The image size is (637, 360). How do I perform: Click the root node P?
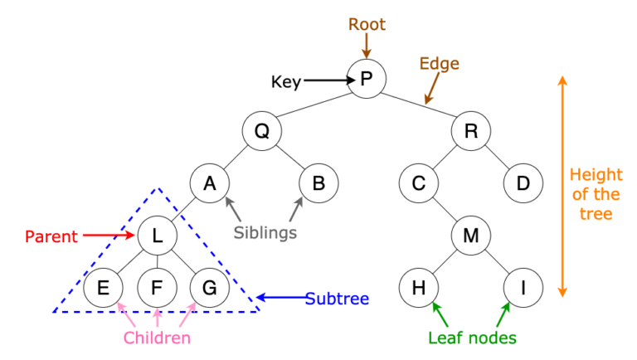click(367, 80)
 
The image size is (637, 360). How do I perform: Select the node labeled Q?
click(261, 131)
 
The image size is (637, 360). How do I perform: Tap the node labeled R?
click(471, 131)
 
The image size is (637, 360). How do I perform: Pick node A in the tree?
click(209, 183)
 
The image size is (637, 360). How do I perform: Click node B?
click(318, 183)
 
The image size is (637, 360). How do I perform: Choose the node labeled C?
click(418, 183)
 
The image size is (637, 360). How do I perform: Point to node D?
click(523, 183)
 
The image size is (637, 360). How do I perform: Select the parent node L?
click(157, 236)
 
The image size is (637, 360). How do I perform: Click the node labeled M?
click(471, 236)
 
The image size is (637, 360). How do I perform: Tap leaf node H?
click(418, 288)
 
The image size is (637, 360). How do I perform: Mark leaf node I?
click(523, 288)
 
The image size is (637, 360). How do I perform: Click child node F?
click(157, 288)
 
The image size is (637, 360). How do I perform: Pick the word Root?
click(366, 24)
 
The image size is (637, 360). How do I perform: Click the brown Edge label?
click(439, 64)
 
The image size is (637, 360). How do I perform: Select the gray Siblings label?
click(265, 233)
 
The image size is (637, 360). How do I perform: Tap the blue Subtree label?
click(337, 298)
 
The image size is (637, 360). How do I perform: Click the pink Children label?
click(157, 338)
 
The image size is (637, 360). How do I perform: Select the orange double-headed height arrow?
click(562, 186)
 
